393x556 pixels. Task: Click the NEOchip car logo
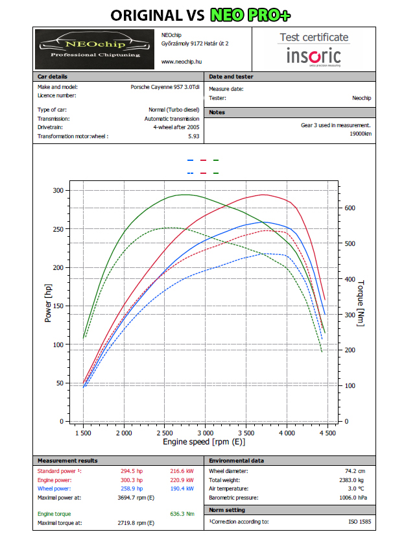(95, 49)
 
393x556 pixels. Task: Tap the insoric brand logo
(314, 56)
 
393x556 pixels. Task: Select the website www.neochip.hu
(182, 62)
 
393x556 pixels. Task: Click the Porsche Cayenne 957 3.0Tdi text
(165, 87)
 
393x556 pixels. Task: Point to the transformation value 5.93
(194, 136)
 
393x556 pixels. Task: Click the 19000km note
(361, 134)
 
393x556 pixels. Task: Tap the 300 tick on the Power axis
(58, 191)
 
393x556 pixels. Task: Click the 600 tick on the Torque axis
(350, 208)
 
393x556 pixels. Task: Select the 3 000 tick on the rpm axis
(206, 433)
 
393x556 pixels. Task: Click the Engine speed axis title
(204, 442)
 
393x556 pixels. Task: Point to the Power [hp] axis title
(48, 303)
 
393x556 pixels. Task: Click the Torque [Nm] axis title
(361, 303)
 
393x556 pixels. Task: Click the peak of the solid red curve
(263, 195)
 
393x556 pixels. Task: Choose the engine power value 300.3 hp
(132, 480)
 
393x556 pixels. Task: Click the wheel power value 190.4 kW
(182, 489)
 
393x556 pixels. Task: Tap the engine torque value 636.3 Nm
(182, 514)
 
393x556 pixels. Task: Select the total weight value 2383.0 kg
(351, 480)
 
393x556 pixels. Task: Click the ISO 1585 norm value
(360, 522)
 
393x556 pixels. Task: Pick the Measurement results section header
(67, 461)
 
